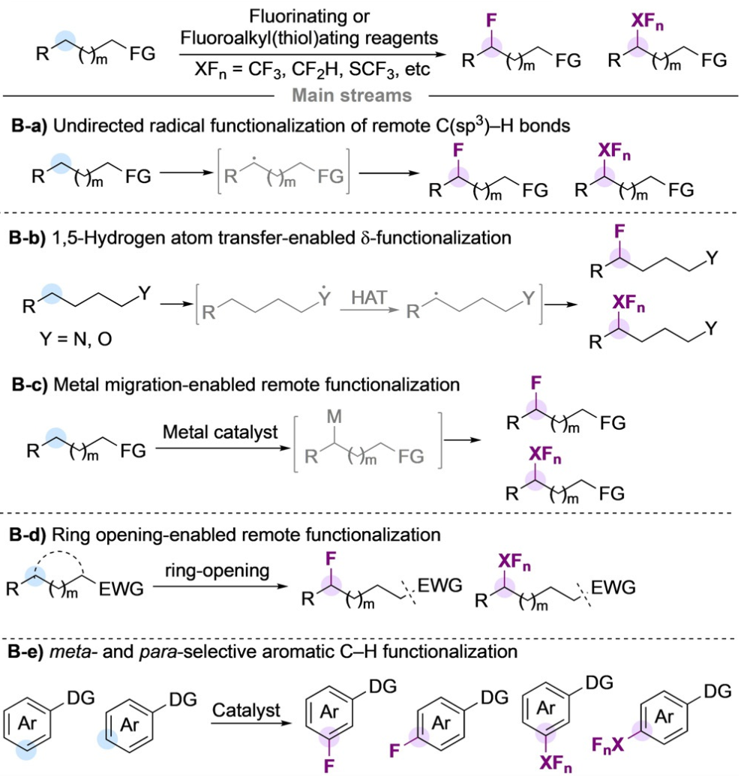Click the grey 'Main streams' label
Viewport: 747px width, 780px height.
point(352,95)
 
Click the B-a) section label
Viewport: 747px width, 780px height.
point(28,126)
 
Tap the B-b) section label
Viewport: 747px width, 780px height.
point(27,238)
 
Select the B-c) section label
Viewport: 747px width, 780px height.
point(29,385)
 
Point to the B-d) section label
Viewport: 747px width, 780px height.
point(28,535)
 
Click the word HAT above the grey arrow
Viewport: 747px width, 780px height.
point(369,298)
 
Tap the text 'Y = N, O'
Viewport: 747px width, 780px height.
point(76,339)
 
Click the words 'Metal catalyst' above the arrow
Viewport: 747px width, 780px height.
point(220,432)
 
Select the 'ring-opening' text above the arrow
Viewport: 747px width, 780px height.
point(217,571)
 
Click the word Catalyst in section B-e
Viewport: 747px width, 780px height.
point(246,709)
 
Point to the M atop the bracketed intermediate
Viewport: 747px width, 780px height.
point(334,416)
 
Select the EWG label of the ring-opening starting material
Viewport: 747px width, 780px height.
point(121,589)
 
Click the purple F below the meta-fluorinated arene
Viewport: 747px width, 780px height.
point(329,766)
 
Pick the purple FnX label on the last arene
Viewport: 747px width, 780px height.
point(607,745)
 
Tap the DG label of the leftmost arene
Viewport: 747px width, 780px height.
point(80,698)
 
